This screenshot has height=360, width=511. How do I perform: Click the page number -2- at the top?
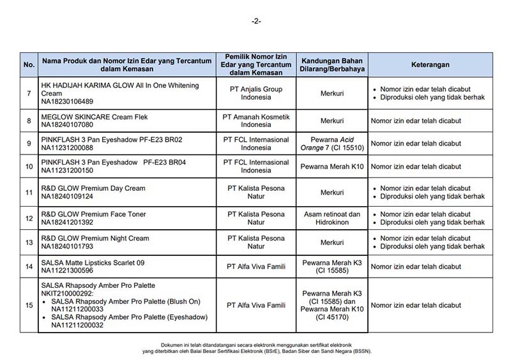pos(256,21)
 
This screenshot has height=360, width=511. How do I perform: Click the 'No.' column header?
pos(29,64)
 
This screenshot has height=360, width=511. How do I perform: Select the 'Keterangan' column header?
pos(431,64)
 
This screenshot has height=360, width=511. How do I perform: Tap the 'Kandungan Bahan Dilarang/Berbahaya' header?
pos(332,64)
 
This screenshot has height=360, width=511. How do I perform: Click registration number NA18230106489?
pos(66,101)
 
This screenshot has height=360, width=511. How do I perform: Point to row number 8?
pos(29,120)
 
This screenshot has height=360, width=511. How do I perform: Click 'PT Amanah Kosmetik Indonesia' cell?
pos(256,120)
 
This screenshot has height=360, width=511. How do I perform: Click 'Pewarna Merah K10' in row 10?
pos(332,167)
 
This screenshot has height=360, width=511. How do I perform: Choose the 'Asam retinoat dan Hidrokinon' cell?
pos(332,218)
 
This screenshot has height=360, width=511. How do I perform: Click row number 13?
pos(29,242)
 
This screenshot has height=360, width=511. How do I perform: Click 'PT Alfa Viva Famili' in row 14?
pos(256,267)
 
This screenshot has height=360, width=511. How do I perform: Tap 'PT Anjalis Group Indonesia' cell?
pos(256,93)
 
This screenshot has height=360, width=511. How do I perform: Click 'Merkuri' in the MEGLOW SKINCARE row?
pos(332,120)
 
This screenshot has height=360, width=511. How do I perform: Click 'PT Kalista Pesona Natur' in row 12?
pos(256,218)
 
